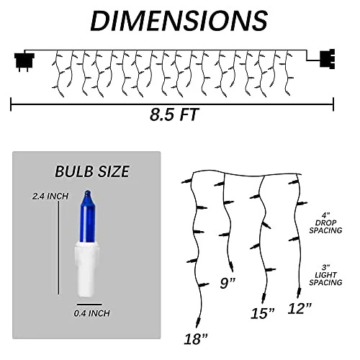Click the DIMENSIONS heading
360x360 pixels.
point(179,21)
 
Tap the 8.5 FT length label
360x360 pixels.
point(174,114)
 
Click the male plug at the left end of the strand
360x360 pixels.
point(24,61)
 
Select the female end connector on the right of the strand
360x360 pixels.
point(328,59)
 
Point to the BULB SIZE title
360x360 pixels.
point(92,171)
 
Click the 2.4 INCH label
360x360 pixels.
point(50,197)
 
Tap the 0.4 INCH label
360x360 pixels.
point(91,313)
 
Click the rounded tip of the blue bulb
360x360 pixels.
point(87,193)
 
